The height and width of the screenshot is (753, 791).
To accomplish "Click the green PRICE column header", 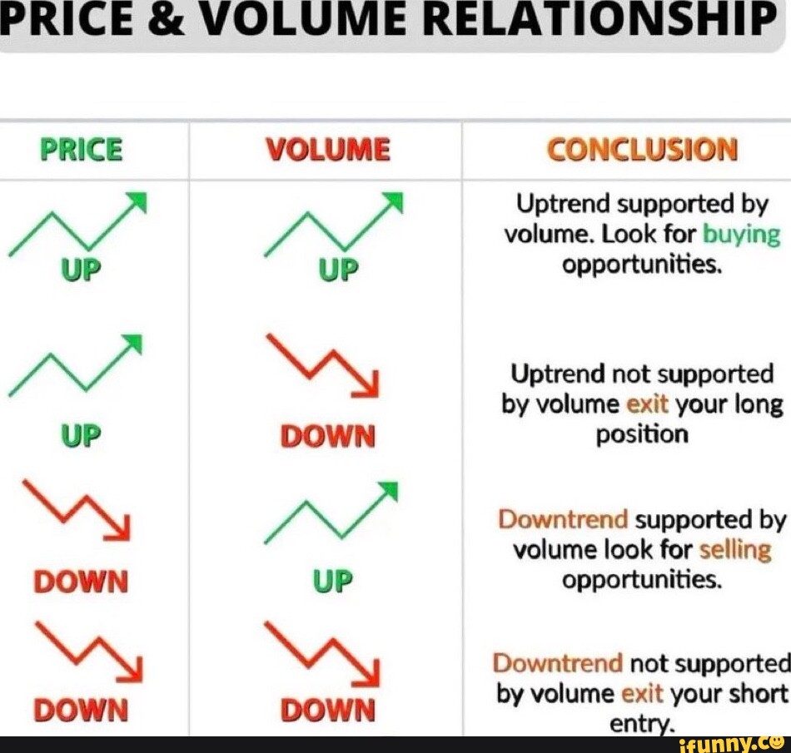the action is (82, 150).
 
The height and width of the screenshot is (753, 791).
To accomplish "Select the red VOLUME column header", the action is (328, 150).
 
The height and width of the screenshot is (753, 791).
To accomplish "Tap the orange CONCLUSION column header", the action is (642, 150).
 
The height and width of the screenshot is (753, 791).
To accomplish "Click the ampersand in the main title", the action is (163, 18).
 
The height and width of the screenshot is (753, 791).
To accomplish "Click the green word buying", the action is (741, 235).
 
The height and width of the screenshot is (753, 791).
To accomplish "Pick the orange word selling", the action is (735, 550).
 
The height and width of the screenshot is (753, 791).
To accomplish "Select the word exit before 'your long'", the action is (647, 404).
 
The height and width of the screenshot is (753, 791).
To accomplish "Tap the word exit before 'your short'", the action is (642, 694).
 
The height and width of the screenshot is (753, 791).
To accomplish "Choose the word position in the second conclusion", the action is (642, 434).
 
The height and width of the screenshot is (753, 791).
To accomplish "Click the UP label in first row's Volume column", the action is (338, 270).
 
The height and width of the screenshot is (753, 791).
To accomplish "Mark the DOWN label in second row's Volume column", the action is (328, 436).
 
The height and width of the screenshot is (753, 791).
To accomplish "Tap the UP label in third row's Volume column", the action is (332, 581).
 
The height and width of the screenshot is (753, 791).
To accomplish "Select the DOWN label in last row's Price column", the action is (81, 710).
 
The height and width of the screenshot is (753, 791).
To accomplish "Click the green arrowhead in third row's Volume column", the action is (390, 491).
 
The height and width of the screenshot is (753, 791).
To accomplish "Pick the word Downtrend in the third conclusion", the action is (563, 519).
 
